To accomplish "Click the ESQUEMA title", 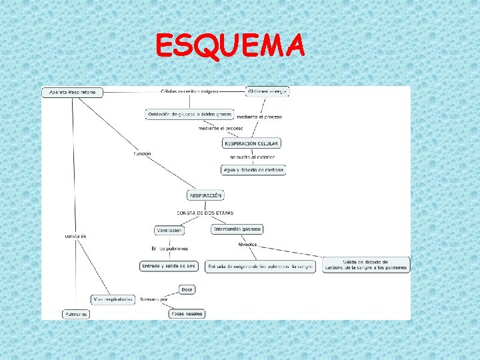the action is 230,47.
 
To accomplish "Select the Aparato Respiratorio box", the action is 73,92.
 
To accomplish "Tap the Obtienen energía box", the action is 267,91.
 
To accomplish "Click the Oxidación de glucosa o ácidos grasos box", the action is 189,115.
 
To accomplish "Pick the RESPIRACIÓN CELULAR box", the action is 251,143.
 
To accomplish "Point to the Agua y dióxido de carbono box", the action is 253,170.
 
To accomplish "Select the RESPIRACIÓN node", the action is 205,195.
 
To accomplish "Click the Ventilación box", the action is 169,230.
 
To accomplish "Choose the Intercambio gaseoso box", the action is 237,229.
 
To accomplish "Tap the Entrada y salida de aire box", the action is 169,265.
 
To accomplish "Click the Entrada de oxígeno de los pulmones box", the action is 260,266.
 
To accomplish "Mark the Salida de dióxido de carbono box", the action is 365,265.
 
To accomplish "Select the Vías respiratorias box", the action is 113,299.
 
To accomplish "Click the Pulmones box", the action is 75,313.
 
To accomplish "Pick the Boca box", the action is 187,289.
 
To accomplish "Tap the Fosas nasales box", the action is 187,313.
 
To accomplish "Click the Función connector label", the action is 142,154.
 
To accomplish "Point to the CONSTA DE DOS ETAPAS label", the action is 205,213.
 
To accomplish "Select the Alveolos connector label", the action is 247,244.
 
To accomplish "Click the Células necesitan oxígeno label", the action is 189,91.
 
